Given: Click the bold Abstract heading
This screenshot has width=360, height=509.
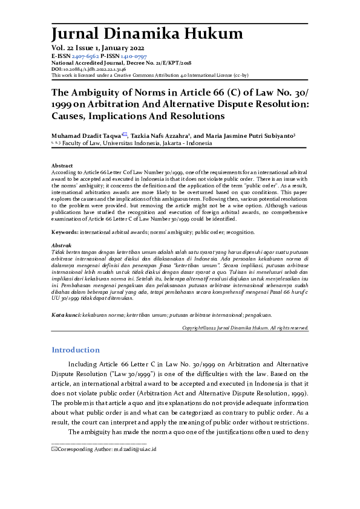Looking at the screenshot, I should coord(62,166).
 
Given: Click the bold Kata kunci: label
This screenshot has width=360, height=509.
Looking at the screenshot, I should coord(67,314).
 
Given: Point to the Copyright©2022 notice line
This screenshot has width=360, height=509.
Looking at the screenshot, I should coord(245,327).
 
